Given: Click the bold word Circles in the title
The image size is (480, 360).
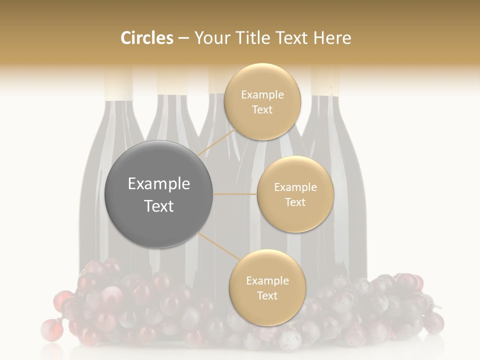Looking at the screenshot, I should (x=146, y=38).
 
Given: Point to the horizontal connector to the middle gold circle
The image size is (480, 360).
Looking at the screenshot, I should (x=234, y=194).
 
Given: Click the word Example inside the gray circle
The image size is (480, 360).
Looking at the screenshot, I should (x=158, y=184).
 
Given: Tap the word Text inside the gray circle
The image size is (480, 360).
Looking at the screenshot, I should (x=158, y=206).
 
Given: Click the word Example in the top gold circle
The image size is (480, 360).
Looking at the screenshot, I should (x=262, y=94).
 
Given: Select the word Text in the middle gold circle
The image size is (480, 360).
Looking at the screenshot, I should (x=295, y=202).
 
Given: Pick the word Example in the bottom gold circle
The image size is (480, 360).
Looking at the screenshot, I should (x=267, y=280).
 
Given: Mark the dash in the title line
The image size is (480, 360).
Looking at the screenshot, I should (x=183, y=38).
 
